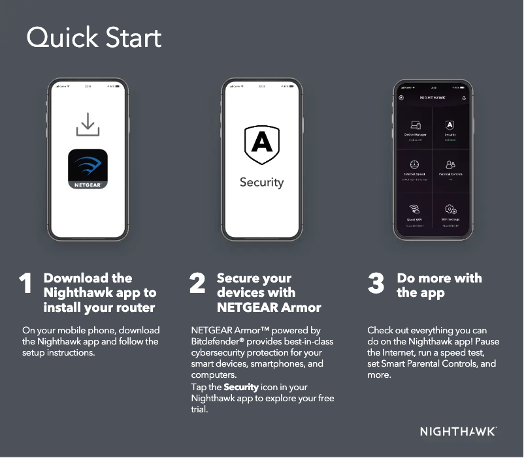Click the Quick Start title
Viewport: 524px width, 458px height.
[93, 38]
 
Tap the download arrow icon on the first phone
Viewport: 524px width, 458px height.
[88, 125]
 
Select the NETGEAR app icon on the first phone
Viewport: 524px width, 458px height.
[88, 169]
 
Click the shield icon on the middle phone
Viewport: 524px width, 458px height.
[261, 145]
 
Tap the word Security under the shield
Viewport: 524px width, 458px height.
[261, 182]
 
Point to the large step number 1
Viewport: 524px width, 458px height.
[25, 284]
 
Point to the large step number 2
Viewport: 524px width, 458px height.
[197, 284]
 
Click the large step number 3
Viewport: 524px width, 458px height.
[376, 284]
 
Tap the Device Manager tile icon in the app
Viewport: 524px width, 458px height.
[415, 125]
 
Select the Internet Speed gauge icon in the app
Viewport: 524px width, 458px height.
[415, 164]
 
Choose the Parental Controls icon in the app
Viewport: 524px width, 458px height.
[450, 164]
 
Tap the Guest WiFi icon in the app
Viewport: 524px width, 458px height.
[415, 209]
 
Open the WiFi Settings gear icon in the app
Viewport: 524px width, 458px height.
[450, 209]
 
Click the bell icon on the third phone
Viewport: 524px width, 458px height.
[464, 98]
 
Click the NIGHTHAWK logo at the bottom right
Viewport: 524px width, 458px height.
[458, 432]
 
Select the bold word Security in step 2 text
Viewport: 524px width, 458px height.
[241, 388]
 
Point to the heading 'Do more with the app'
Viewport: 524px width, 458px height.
[439, 286]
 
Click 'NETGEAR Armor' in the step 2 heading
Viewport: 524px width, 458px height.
[269, 307]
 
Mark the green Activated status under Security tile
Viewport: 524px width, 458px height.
[450, 140]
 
